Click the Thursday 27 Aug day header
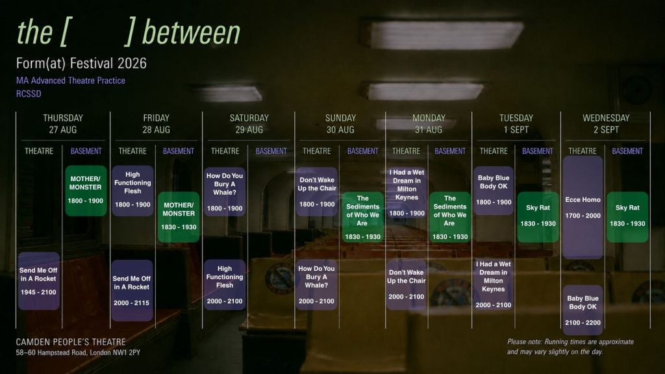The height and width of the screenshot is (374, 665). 63,124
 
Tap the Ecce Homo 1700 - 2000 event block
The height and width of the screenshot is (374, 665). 583,207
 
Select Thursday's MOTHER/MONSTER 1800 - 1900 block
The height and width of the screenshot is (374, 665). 86,190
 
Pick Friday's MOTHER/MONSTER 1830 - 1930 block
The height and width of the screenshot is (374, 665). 179,217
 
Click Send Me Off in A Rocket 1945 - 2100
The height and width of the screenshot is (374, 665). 38,280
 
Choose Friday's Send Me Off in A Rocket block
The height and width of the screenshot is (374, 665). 132,290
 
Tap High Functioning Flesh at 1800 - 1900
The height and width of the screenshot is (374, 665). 132,190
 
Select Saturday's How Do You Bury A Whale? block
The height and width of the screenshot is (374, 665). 225,192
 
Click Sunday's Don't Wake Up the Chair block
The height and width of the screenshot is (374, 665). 317,192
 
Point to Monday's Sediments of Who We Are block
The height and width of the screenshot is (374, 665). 450,217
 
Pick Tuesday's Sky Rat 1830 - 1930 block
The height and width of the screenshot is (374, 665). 538,217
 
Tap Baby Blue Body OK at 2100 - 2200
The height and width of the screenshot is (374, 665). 583,310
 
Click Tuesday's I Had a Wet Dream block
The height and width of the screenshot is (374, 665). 494,284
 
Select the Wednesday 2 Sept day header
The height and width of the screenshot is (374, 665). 606,124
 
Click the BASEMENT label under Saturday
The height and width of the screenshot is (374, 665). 271,151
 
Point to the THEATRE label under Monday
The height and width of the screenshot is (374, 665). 406,151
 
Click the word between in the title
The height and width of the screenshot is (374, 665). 192,32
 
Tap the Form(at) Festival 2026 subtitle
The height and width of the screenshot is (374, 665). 81,64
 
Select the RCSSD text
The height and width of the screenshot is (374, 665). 29,93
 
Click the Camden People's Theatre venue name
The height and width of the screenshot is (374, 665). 71,342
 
